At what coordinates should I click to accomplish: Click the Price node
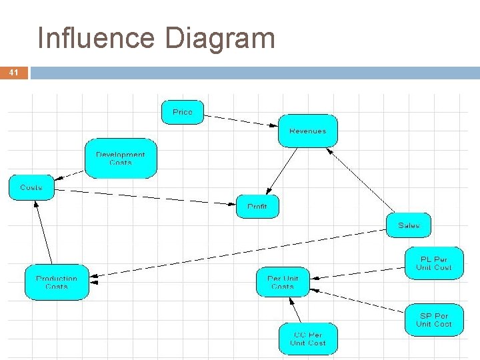(x=182, y=112)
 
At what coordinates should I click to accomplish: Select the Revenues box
(x=307, y=131)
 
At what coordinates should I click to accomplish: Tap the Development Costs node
(x=121, y=159)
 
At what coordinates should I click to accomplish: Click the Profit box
(x=257, y=207)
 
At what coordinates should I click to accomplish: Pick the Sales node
(x=409, y=225)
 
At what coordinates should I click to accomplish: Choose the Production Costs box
(x=57, y=283)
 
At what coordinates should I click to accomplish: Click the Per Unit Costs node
(x=283, y=283)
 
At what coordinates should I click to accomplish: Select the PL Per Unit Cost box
(x=433, y=263)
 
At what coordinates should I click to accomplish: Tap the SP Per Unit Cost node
(x=433, y=320)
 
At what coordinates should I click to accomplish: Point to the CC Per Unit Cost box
(x=308, y=339)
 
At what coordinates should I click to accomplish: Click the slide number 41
(x=14, y=73)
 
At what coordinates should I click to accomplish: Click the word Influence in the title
(x=97, y=38)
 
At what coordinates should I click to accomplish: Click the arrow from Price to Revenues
(x=240, y=121)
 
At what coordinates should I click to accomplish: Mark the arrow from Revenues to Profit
(x=283, y=171)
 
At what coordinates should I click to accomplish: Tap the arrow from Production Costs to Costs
(x=43, y=227)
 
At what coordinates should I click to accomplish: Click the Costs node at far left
(x=31, y=187)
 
